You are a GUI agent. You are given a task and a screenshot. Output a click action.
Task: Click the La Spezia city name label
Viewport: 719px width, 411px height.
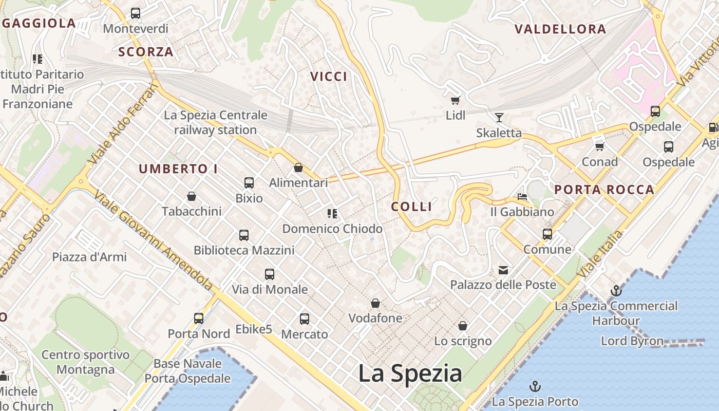(x=410, y=373)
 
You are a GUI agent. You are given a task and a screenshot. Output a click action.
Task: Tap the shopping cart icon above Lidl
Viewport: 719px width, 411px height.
(x=455, y=100)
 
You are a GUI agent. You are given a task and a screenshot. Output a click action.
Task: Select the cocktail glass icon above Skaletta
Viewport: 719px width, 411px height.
(x=499, y=118)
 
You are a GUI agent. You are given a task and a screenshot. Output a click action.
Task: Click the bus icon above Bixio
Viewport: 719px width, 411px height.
(x=249, y=182)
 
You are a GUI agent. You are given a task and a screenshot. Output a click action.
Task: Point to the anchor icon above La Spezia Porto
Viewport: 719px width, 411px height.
(x=535, y=386)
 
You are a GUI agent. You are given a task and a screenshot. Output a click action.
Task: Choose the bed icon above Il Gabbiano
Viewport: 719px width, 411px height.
(x=522, y=196)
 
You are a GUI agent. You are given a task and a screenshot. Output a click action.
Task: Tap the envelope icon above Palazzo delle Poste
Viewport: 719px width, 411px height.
(x=503, y=270)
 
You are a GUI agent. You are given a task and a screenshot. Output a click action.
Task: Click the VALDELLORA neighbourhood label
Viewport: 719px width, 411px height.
(x=560, y=29)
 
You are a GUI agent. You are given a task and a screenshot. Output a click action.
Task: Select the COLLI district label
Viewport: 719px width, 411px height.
(x=411, y=207)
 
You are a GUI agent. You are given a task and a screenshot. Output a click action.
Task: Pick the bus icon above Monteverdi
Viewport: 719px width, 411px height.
(x=136, y=13)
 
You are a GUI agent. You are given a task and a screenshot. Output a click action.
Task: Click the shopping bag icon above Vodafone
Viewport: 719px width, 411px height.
(x=375, y=303)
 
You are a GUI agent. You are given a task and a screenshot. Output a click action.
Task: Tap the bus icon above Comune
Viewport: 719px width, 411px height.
(x=547, y=234)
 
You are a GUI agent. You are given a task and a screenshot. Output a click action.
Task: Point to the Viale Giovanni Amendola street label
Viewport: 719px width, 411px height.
(x=154, y=241)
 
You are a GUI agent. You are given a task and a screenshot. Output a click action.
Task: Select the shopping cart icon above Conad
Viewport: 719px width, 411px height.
(x=599, y=146)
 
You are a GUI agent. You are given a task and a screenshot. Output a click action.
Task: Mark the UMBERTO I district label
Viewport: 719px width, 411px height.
(x=178, y=169)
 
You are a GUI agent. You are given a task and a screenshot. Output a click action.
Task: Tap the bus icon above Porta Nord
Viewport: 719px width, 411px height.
(x=199, y=319)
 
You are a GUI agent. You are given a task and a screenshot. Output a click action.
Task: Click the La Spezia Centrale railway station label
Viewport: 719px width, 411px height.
(x=216, y=122)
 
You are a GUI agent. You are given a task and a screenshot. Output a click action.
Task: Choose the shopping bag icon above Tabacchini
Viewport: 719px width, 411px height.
(x=192, y=196)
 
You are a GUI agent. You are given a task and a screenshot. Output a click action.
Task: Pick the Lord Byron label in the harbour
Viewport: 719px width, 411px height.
(x=632, y=341)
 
